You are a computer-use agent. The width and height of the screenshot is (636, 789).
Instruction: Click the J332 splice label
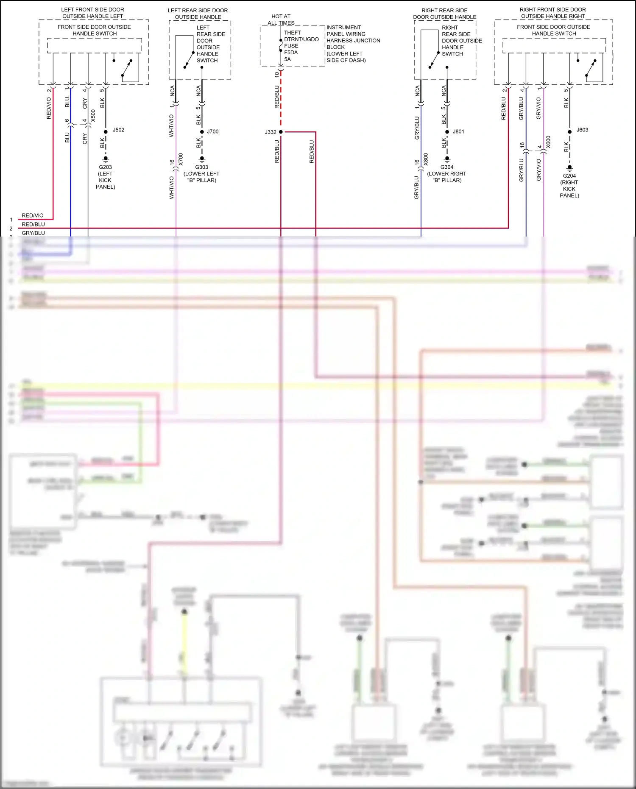[x=271, y=132]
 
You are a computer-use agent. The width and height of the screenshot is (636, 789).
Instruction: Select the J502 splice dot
[x=106, y=132]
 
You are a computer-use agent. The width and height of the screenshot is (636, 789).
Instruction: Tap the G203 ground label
[x=105, y=167]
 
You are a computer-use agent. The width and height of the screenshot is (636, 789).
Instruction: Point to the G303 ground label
[x=202, y=167]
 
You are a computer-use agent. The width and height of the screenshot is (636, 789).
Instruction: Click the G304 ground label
[x=447, y=167]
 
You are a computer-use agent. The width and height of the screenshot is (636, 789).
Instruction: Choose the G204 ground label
[x=569, y=176]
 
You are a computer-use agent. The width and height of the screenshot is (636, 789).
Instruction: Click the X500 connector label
[x=93, y=115]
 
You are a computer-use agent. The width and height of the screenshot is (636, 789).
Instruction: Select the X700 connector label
[x=181, y=159]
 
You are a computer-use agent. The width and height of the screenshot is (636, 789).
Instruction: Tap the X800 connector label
[x=426, y=159]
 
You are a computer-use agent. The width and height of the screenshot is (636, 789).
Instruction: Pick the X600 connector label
[x=548, y=142]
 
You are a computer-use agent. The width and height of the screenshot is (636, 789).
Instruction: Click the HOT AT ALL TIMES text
[x=281, y=20]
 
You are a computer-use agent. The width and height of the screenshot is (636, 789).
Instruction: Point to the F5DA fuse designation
[x=291, y=53]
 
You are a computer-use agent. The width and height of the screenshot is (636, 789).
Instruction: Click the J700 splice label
[x=213, y=132]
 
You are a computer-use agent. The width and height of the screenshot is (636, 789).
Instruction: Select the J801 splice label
[x=458, y=132]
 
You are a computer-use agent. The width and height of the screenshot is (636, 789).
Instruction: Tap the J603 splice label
[x=582, y=130]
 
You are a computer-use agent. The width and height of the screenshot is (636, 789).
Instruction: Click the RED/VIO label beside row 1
[x=33, y=215]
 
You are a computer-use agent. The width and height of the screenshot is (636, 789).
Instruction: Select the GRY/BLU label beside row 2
[x=33, y=233]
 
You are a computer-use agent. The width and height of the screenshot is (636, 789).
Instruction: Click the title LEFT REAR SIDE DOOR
[x=198, y=10]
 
